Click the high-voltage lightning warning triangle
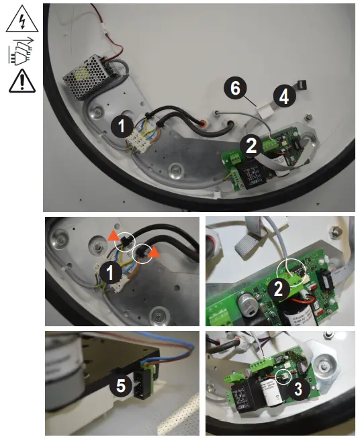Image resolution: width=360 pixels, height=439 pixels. (21, 20)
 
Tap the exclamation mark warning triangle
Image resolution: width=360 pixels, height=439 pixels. (21, 82)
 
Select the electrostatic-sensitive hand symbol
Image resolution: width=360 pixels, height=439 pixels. (21, 51)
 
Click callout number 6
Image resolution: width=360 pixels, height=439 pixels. (236, 88)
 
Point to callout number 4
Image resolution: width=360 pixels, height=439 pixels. (284, 97)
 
